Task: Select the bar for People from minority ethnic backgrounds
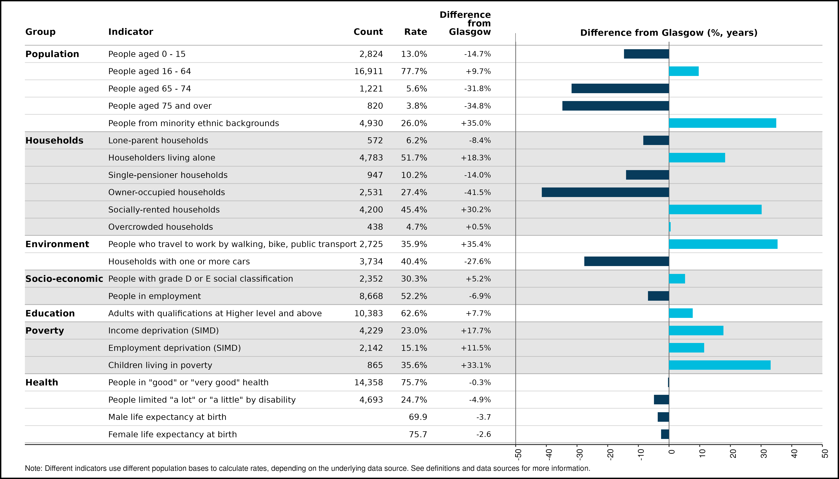pos(723,123)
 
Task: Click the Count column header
pos(368,32)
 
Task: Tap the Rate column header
pos(416,32)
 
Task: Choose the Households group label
pos(54,141)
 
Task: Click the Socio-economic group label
pos(64,279)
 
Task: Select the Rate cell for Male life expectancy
pos(418,417)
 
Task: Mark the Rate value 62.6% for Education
pos(414,313)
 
